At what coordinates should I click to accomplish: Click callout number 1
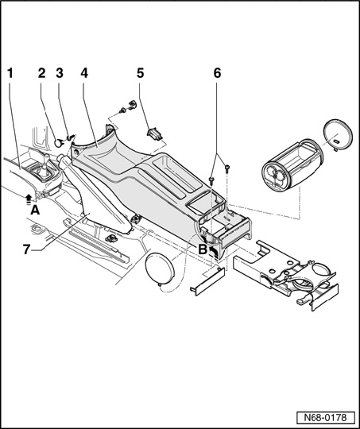pyautogui.click(x=10, y=73)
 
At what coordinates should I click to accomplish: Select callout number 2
pyautogui.click(x=41, y=73)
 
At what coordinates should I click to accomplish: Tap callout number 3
pyautogui.click(x=60, y=73)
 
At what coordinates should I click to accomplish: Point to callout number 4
pyautogui.click(x=84, y=73)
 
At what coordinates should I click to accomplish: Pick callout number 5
pyautogui.click(x=140, y=73)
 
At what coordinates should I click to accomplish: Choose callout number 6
pyautogui.click(x=217, y=73)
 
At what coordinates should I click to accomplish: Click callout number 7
pyautogui.click(x=26, y=249)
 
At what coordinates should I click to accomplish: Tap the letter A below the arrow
pyautogui.click(x=35, y=210)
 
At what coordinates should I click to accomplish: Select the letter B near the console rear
pyautogui.click(x=203, y=249)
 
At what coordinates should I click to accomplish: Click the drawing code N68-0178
pyautogui.click(x=325, y=418)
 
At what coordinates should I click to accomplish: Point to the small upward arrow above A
pyautogui.click(x=29, y=199)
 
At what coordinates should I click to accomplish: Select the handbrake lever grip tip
pyautogui.click(x=60, y=158)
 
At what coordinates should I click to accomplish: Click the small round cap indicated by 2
pyautogui.click(x=58, y=143)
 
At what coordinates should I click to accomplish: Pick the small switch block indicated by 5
pyautogui.click(x=155, y=134)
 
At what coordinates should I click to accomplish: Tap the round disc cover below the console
pyautogui.click(x=160, y=269)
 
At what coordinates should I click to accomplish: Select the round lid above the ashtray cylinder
pyautogui.click(x=336, y=135)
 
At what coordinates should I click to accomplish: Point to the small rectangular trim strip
pyautogui.click(x=207, y=282)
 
